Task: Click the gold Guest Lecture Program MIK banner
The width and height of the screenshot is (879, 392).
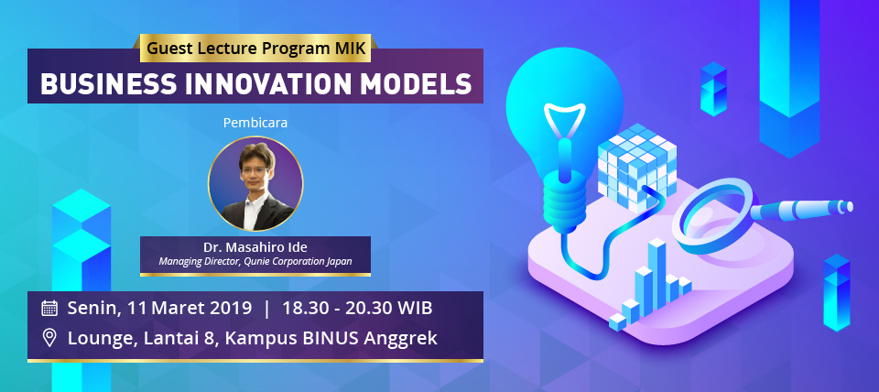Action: click(256, 48)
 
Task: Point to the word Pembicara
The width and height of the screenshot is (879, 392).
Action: click(255, 123)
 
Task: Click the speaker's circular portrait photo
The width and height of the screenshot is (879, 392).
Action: click(255, 184)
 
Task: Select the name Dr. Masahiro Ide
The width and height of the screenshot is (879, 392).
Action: click(255, 248)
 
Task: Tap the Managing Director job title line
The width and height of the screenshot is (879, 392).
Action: click(255, 261)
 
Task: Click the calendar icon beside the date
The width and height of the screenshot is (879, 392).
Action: click(49, 308)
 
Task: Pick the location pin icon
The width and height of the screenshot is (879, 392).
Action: click(49, 338)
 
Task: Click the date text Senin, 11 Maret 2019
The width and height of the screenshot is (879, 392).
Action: click(159, 309)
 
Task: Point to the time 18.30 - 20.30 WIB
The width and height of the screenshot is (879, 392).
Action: click(357, 309)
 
